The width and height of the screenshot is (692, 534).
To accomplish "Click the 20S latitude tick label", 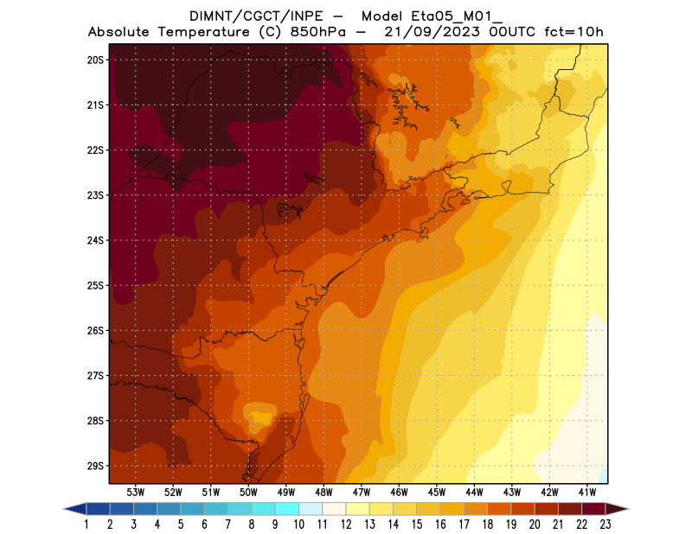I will tap(95, 60).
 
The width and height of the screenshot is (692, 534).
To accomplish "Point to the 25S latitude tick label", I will tap(95, 285).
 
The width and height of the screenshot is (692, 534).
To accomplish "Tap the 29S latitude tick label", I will tap(95, 466).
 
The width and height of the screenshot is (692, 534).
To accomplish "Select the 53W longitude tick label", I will tap(135, 492).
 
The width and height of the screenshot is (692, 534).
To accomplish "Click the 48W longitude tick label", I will tap(324, 492).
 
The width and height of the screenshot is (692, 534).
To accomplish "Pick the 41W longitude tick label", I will tap(587, 492).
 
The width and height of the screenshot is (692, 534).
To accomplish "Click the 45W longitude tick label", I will tap(437, 492).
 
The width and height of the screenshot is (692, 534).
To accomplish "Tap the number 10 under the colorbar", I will tap(298, 524).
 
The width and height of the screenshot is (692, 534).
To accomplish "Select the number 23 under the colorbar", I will tap(605, 524).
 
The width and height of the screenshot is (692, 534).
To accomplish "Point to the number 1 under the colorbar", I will tap(87, 524).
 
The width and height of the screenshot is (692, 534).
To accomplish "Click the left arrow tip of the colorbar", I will tap(66, 509).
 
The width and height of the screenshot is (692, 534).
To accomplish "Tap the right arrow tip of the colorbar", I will tap(626, 509).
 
